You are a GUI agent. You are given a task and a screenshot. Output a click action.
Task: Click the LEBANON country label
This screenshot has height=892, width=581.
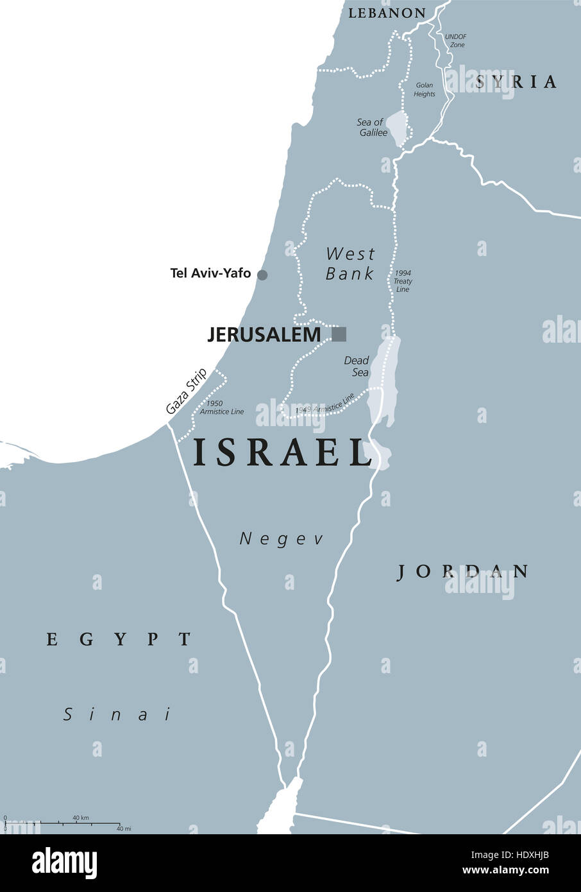coord(387,13)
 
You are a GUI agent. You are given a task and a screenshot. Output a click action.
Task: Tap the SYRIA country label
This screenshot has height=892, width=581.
coord(516,81)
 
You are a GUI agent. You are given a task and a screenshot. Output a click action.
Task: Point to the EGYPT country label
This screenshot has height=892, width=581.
coord(119,639)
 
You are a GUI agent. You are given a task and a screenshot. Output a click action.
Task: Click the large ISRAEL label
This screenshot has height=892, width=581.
coord(283,452)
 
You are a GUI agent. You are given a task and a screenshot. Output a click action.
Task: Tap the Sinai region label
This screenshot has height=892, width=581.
coord(118,714)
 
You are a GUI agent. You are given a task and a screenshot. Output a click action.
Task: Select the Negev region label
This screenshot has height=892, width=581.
coord(282,539)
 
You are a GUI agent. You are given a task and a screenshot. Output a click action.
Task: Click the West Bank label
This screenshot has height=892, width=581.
coord(349,263)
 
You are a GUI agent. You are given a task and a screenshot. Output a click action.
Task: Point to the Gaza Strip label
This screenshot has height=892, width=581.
coord(186,391)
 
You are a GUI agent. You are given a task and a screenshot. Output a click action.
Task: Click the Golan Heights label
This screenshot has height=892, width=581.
coord(425,89)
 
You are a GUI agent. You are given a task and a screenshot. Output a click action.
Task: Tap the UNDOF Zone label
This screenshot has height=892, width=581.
coord(457,41)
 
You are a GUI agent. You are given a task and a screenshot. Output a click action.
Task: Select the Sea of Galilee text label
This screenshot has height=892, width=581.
coord(373,127)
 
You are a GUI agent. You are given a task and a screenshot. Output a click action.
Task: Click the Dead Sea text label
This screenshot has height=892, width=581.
coord(356,366)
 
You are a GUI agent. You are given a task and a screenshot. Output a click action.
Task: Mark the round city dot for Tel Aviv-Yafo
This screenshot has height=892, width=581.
coord(262,275)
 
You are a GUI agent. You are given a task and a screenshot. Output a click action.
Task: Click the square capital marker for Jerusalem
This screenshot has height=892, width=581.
coord(339,334)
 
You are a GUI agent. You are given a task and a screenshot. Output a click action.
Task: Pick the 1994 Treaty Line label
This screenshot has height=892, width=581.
coord(403,281)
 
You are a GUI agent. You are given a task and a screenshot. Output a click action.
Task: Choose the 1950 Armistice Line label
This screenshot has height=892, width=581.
coord(222,407)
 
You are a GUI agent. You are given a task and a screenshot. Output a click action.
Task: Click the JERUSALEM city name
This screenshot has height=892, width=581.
coord(264,334)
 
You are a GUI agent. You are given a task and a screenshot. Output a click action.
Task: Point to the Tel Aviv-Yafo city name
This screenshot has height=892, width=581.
coord(210,273)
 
